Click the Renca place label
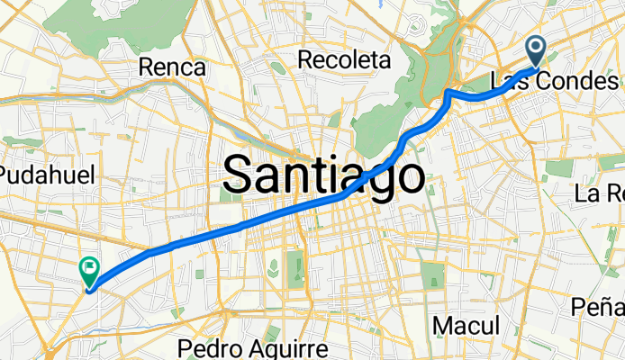pyautogui.click(x=173, y=67)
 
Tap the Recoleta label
pyautogui.click(x=346, y=60)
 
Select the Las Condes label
pyautogui.click(x=554, y=81)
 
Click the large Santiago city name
pyautogui.click(x=323, y=175)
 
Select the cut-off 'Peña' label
pyautogui.click(x=598, y=308)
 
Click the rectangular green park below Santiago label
pyautogui.click(x=294, y=265)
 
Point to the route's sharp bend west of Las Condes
pyautogui.click(x=448, y=92)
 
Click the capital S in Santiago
pyautogui.click(x=238, y=175)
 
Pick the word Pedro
pyautogui.click(x=206, y=348)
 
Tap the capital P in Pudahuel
pyautogui.click(x=8, y=175)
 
